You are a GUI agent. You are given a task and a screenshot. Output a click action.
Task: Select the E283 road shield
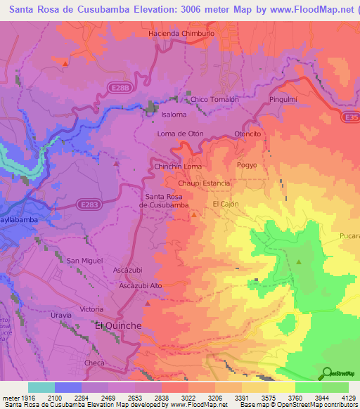coord(87,204)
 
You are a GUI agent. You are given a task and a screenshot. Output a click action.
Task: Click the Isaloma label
coord(174,115)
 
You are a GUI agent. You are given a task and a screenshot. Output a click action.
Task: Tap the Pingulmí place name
coord(284,100)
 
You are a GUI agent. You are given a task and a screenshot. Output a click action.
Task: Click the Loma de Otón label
coord(179,133)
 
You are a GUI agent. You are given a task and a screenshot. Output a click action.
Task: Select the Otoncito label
coord(247,133)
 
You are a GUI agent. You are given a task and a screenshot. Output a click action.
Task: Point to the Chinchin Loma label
coord(173,167)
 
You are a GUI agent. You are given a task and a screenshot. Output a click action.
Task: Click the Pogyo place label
coord(247,164)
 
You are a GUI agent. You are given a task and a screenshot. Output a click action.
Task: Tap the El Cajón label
coord(226,203)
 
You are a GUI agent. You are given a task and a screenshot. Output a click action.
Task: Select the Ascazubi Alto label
coord(141,285)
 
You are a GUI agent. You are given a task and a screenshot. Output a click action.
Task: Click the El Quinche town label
coord(118,326)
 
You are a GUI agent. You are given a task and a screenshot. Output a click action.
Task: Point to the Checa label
coord(94,362)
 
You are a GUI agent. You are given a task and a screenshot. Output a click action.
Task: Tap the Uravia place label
coord(61,315)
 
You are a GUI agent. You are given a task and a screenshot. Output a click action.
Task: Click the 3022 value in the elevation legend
coord(171,397)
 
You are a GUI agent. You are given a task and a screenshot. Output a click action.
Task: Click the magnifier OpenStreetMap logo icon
coord(328,372)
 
